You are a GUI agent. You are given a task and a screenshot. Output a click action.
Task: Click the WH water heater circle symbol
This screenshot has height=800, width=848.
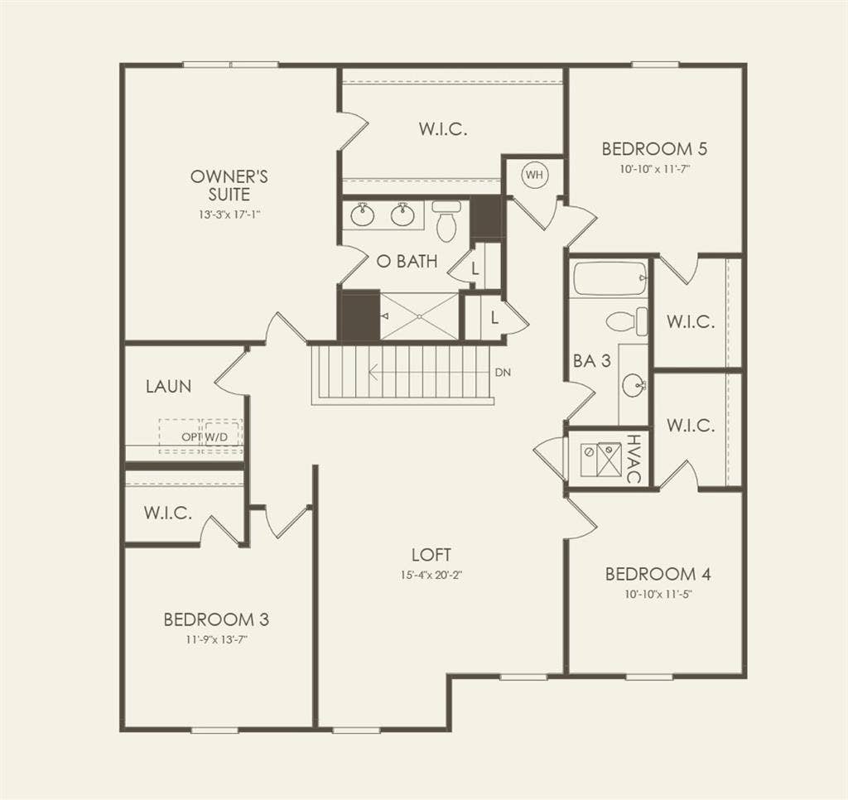tap(534, 175)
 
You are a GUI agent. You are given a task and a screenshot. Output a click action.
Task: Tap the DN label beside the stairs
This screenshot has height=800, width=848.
tap(503, 373)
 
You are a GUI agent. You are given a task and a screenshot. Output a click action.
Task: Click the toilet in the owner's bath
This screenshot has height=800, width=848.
tap(446, 222)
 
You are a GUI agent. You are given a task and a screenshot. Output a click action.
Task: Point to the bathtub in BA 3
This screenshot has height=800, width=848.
tap(609, 278)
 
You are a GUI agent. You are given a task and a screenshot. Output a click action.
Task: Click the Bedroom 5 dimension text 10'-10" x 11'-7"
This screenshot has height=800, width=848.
tap(654, 169)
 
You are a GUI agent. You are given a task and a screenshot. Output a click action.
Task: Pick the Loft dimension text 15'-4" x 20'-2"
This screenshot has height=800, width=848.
tap(431, 575)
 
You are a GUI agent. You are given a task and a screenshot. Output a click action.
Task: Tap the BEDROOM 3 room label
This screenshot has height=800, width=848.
tap(215, 619)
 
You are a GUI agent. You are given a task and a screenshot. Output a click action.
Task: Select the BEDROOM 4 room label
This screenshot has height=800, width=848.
tap(658, 574)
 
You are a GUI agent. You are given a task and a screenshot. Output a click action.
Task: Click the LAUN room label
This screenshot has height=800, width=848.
tap(168, 386)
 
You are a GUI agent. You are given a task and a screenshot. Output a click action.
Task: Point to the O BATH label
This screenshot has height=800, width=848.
tap(407, 262)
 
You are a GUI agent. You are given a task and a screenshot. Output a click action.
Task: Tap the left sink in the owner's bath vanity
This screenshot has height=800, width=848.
tap(362, 215)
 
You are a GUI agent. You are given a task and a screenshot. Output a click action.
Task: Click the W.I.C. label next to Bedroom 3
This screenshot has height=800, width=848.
tap(168, 513)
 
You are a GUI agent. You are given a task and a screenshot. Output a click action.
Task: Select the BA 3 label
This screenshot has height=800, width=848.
tap(592, 361)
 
